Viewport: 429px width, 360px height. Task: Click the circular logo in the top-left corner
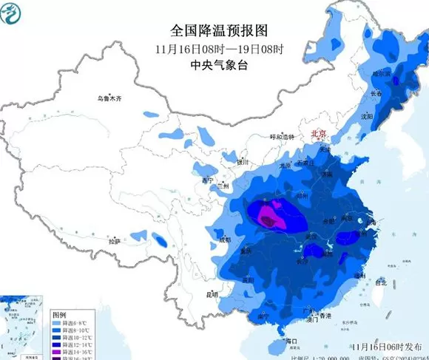point(13,13)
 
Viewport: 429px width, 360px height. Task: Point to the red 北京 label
point(320,134)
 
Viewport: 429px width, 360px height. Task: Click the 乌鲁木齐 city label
point(109,98)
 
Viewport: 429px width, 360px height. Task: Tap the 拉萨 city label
point(114,241)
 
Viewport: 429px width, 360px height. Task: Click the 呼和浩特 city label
point(282,137)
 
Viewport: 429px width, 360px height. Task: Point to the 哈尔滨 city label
point(380,74)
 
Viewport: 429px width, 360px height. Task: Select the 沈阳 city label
point(365,116)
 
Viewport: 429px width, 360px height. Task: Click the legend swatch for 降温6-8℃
point(59,323)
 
